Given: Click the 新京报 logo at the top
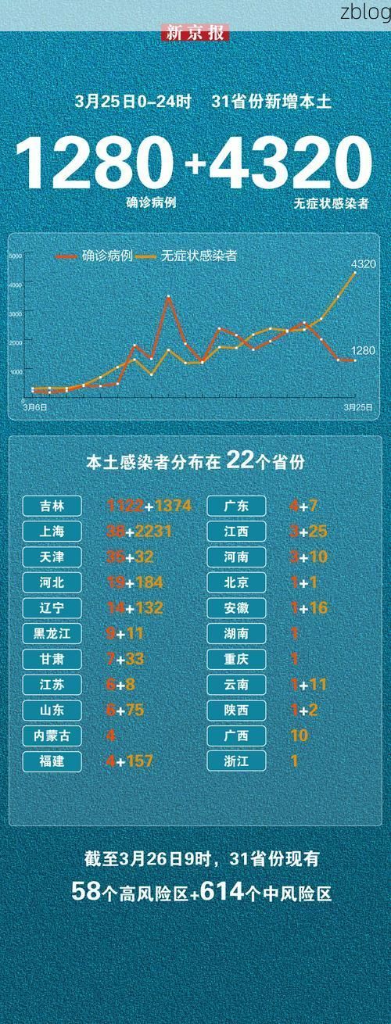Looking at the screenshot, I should (x=195, y=33).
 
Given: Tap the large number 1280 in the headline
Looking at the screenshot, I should (x=94, y=163).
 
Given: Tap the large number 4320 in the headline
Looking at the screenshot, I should (x=289, y=163).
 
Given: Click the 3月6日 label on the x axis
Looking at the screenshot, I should (x=35, y=407).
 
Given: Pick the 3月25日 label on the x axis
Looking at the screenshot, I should (x=357, y=407).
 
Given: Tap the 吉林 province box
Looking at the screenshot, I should (x=52, y=506).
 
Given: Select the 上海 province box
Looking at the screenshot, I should (x=52, y=532).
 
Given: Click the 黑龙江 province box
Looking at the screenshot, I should (x=52, y=633).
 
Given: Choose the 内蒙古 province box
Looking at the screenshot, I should (x=52, y=736).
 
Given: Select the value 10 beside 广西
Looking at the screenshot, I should (x=299, y=736).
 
